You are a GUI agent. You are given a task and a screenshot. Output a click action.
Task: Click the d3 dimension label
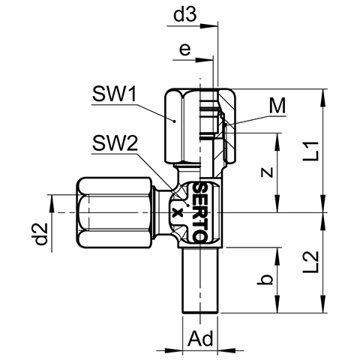coord(185,14)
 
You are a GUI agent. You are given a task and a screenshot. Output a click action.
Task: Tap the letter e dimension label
coord(185,49)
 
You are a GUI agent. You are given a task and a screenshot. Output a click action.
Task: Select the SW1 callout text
coord(114,94)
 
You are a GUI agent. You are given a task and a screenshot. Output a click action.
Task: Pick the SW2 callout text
coord(115,143)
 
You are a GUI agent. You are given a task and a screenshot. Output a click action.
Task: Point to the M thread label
coord(277,106)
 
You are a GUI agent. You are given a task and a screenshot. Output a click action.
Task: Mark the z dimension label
coord(267,172)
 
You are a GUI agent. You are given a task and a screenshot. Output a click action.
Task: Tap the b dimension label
coord(265,280)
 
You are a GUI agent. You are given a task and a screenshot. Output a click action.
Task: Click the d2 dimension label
coord(41,233)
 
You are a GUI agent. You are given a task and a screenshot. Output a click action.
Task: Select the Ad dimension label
coord(201,339)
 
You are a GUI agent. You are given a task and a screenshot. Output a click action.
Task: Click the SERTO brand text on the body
coord(200,212)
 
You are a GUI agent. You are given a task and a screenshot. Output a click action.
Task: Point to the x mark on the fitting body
coord(178,213)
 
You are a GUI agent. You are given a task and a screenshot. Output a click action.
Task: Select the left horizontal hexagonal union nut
coord(115,213)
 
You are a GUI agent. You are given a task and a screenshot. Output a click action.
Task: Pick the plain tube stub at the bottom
coord(200,280)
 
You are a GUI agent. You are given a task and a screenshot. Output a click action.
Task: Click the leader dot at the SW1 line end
coord(175,121)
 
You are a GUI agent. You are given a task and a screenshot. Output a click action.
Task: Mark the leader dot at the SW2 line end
coord(187,205)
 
